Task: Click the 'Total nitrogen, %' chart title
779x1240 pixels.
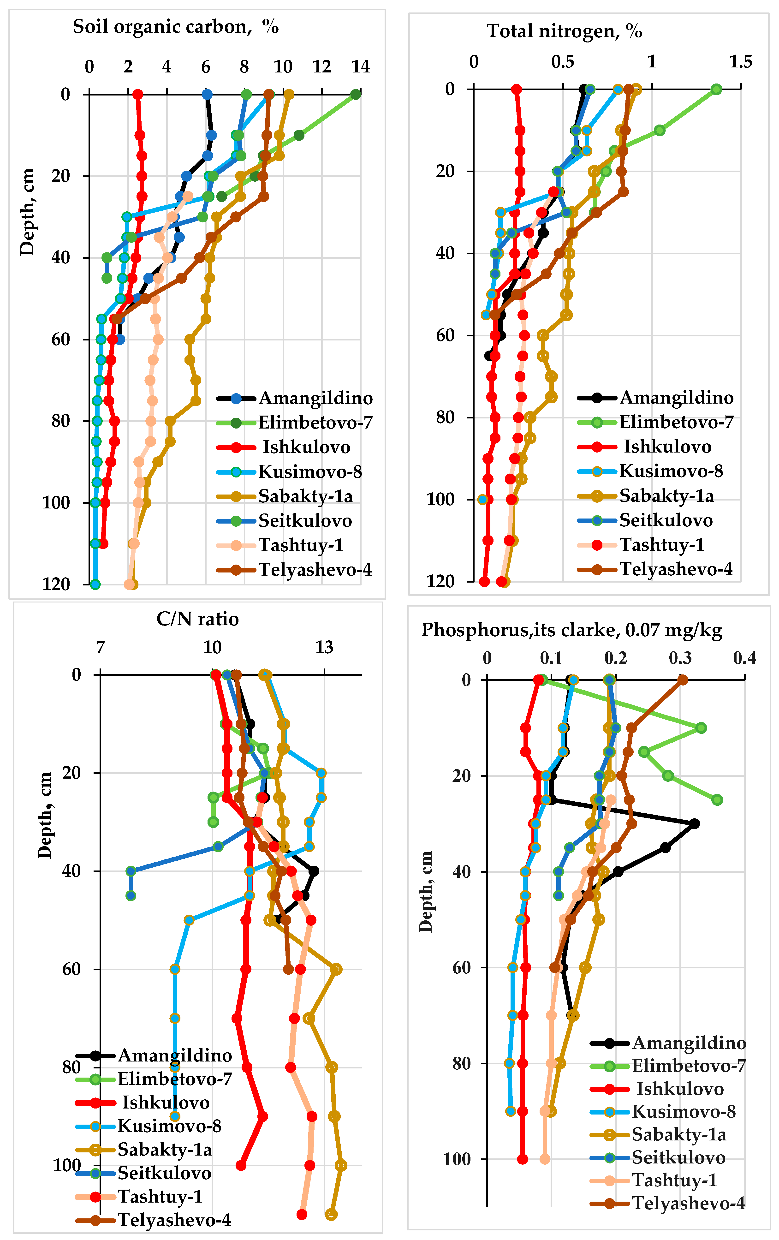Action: pos(564,31)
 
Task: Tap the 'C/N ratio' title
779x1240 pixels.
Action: pos(198,619)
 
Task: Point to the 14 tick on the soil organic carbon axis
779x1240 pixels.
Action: pos(360,66)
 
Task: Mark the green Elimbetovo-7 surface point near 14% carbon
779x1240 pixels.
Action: pos(355,94)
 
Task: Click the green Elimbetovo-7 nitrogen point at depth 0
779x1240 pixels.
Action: pos(716,89)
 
